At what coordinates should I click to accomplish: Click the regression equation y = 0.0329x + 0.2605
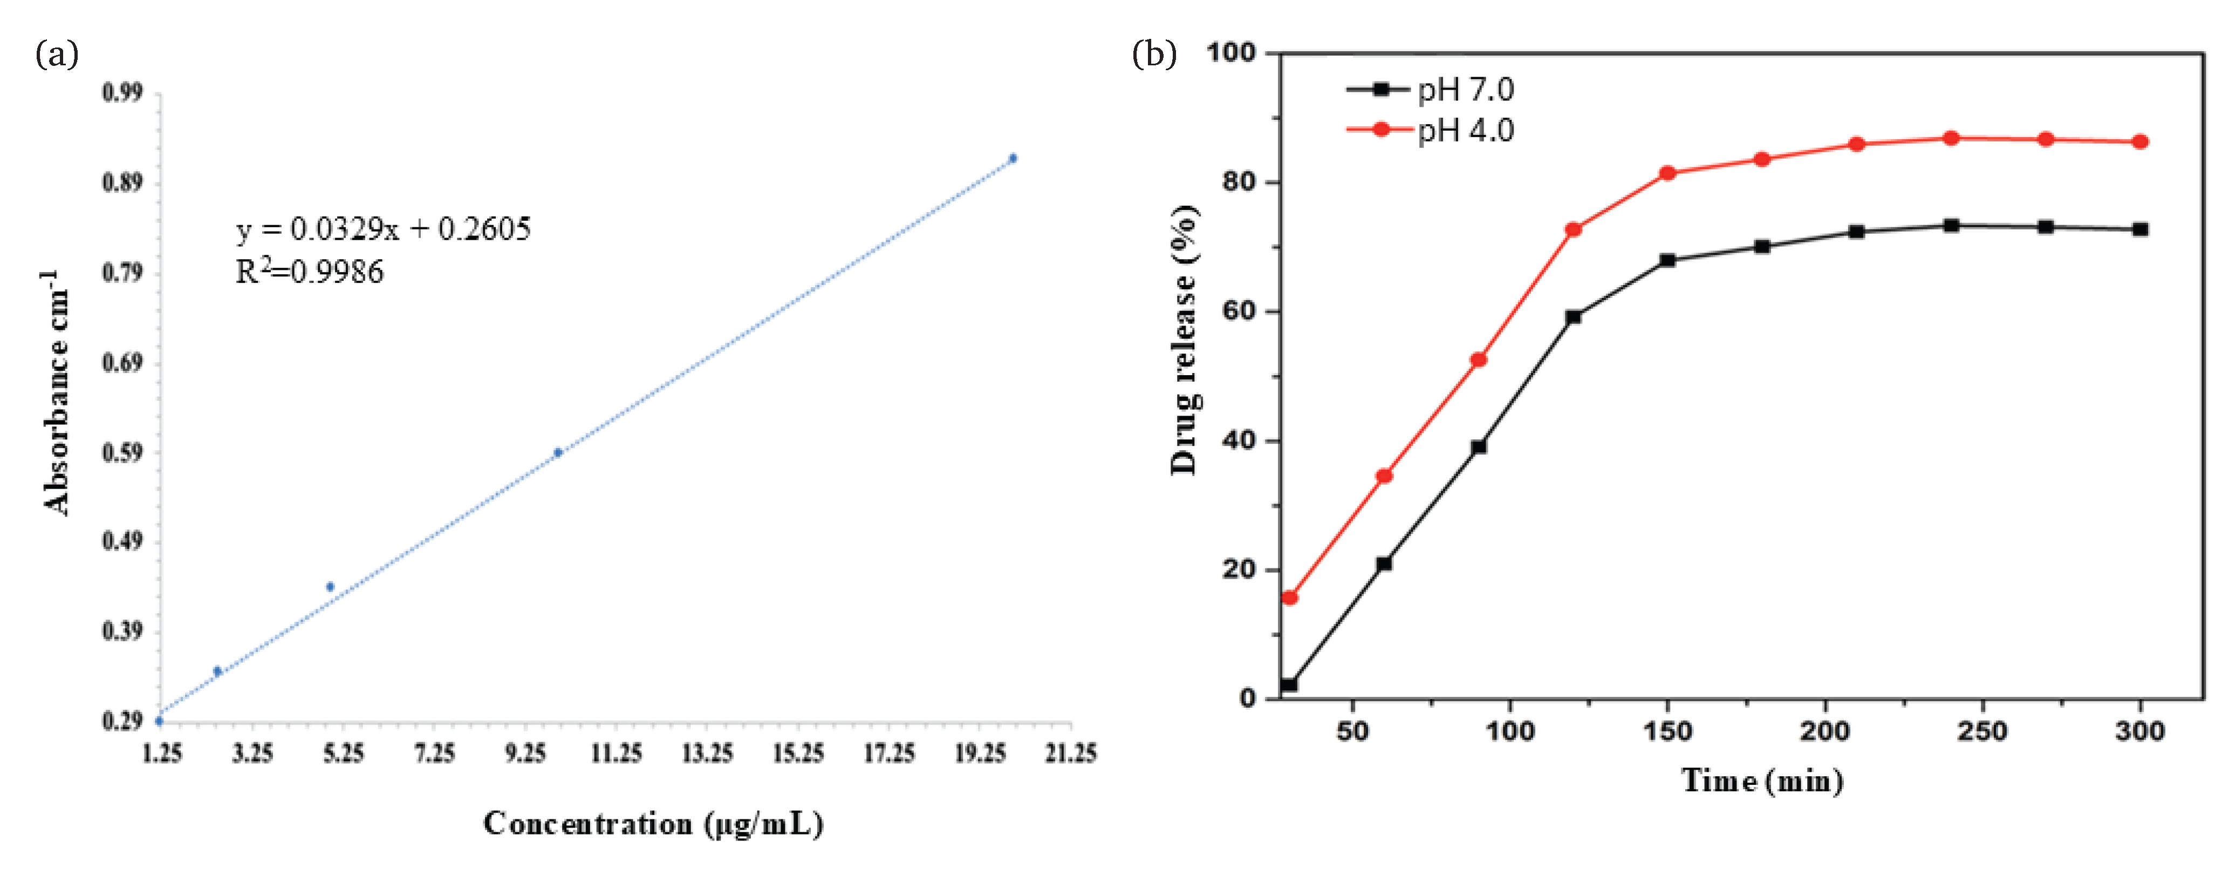point(384,229)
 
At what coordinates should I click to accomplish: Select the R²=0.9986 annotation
point(310,273)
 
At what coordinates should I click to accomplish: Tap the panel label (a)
point(57,55)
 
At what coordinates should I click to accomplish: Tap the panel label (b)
point(1153,55)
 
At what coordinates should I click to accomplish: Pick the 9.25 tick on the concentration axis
point(525,754)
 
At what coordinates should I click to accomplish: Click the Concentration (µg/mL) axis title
point(653,824)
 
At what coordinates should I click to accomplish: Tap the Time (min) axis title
point(1762,781)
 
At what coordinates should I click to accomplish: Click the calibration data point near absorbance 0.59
point(558,452)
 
